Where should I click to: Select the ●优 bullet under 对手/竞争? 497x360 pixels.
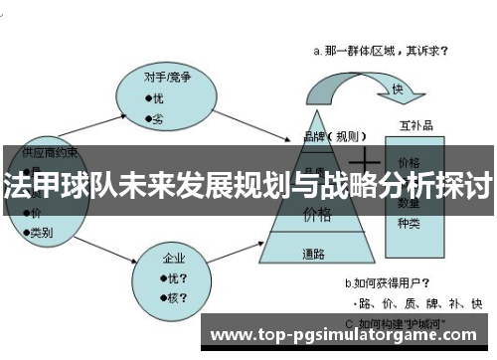click(154, 97)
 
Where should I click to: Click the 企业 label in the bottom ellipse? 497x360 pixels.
click(175, 259)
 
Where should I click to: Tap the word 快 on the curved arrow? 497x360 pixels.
click(397, 90)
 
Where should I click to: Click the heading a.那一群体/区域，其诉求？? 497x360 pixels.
click(380, 49)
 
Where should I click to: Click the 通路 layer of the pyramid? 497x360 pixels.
click(315, 254)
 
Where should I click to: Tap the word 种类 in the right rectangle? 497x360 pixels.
click(409, 222)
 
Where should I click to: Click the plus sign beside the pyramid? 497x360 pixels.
click(369, 158)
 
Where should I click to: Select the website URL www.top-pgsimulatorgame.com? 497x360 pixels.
click(352, 333)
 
